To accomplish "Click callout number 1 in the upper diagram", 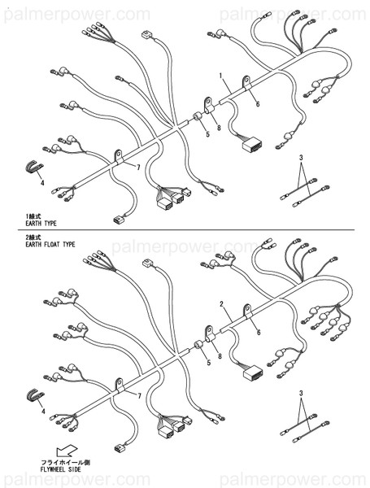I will pyautogui.click(x=221, y=75).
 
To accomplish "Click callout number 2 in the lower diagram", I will pyautogui.click(x=221, y=303).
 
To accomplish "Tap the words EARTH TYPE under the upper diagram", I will pyautogui.click(x=43, y=221).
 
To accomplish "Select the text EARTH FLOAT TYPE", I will pyautogui.click(x=50, y=243).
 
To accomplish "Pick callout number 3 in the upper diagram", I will pyautogui.click(x=300, y=156).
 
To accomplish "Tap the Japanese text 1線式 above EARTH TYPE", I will pyautogui.click(x=37, y=214).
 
